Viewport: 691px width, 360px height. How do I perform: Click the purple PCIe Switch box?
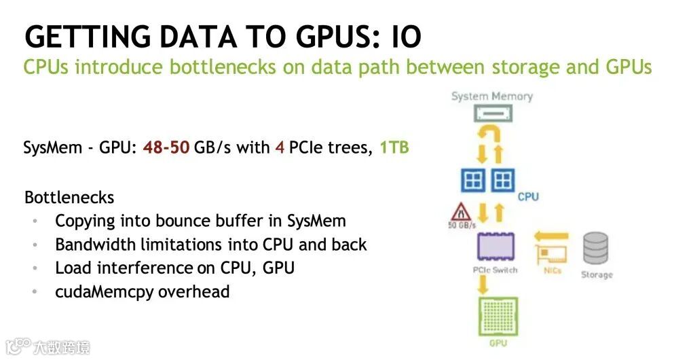(x=496, y=246)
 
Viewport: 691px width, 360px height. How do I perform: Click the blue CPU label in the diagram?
(x=528, y=197)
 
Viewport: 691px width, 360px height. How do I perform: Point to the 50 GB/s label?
(x=461, y=226)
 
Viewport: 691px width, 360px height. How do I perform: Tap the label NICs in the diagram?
(x=553, y=270)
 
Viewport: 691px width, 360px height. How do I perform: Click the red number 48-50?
(x=166, y=147)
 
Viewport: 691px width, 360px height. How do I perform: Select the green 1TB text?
(x=394, y=147)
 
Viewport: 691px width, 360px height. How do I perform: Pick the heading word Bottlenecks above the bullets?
(x=69, y=198)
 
